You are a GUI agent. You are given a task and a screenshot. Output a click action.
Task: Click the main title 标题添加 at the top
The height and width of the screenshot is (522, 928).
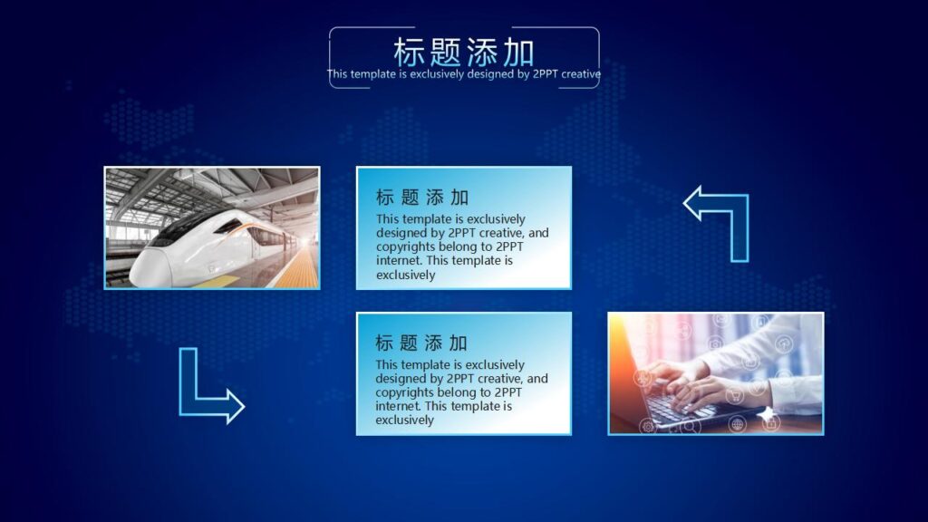463,51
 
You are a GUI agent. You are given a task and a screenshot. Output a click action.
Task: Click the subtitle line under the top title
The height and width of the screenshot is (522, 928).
463,74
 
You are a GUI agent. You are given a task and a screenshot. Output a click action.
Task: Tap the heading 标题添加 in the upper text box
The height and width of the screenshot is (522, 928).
421,198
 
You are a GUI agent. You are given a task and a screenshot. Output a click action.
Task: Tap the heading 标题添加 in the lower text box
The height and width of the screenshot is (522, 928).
421,343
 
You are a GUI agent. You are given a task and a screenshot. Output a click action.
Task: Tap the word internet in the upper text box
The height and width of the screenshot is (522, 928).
398,260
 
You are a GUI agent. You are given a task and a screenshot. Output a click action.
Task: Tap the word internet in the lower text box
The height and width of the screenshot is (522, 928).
398,406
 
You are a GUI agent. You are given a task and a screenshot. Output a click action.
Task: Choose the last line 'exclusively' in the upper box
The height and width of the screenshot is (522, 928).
405,275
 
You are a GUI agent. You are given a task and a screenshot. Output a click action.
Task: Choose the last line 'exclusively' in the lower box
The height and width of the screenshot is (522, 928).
405,420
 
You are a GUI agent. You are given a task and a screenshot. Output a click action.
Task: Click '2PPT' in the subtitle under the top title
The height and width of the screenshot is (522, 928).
546,74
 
